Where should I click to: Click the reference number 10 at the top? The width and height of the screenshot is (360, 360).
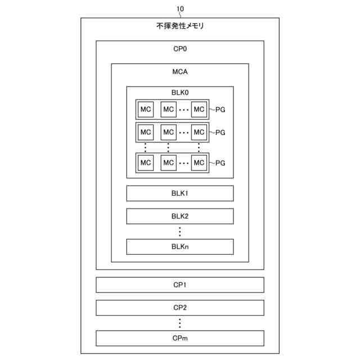180,9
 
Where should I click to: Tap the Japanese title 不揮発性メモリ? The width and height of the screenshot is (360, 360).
180,26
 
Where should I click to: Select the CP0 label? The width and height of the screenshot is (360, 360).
180,49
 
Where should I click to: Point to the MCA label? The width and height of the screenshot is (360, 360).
180,72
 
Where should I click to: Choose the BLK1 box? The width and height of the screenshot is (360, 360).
180,193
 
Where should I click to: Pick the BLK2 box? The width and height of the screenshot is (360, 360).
180,216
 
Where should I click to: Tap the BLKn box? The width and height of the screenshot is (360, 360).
180,246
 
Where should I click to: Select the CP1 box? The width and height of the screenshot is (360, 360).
180,285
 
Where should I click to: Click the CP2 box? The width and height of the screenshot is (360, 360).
180,308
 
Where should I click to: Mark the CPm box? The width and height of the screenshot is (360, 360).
180,337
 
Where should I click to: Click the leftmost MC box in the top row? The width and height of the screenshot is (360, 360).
146,109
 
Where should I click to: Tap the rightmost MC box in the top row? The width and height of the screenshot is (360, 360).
199,109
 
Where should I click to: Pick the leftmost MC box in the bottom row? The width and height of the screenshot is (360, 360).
146,163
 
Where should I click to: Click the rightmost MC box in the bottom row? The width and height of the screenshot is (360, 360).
199,163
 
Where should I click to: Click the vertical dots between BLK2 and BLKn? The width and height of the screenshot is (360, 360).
180,231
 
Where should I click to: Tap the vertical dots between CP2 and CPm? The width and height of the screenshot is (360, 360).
180,323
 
